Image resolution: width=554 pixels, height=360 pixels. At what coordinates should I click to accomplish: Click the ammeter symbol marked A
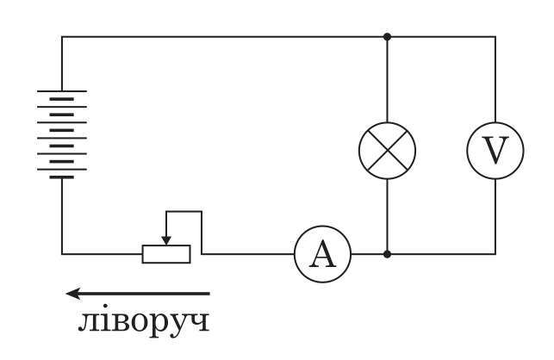(322, 254)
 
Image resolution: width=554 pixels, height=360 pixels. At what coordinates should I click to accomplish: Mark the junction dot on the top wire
(387, 37)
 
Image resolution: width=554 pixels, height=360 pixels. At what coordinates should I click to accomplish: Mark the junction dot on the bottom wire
(387, 254)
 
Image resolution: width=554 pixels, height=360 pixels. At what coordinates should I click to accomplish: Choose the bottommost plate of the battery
(61, 177)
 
